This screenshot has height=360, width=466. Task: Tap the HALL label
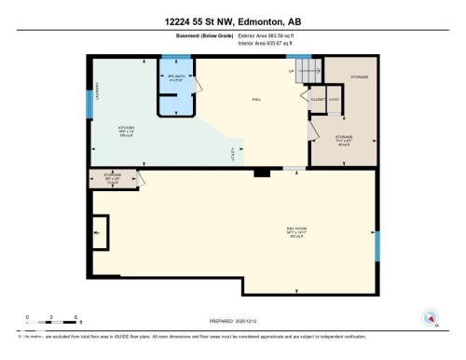tap(255, 99)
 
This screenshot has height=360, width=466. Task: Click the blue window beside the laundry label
tap(89, 104)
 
